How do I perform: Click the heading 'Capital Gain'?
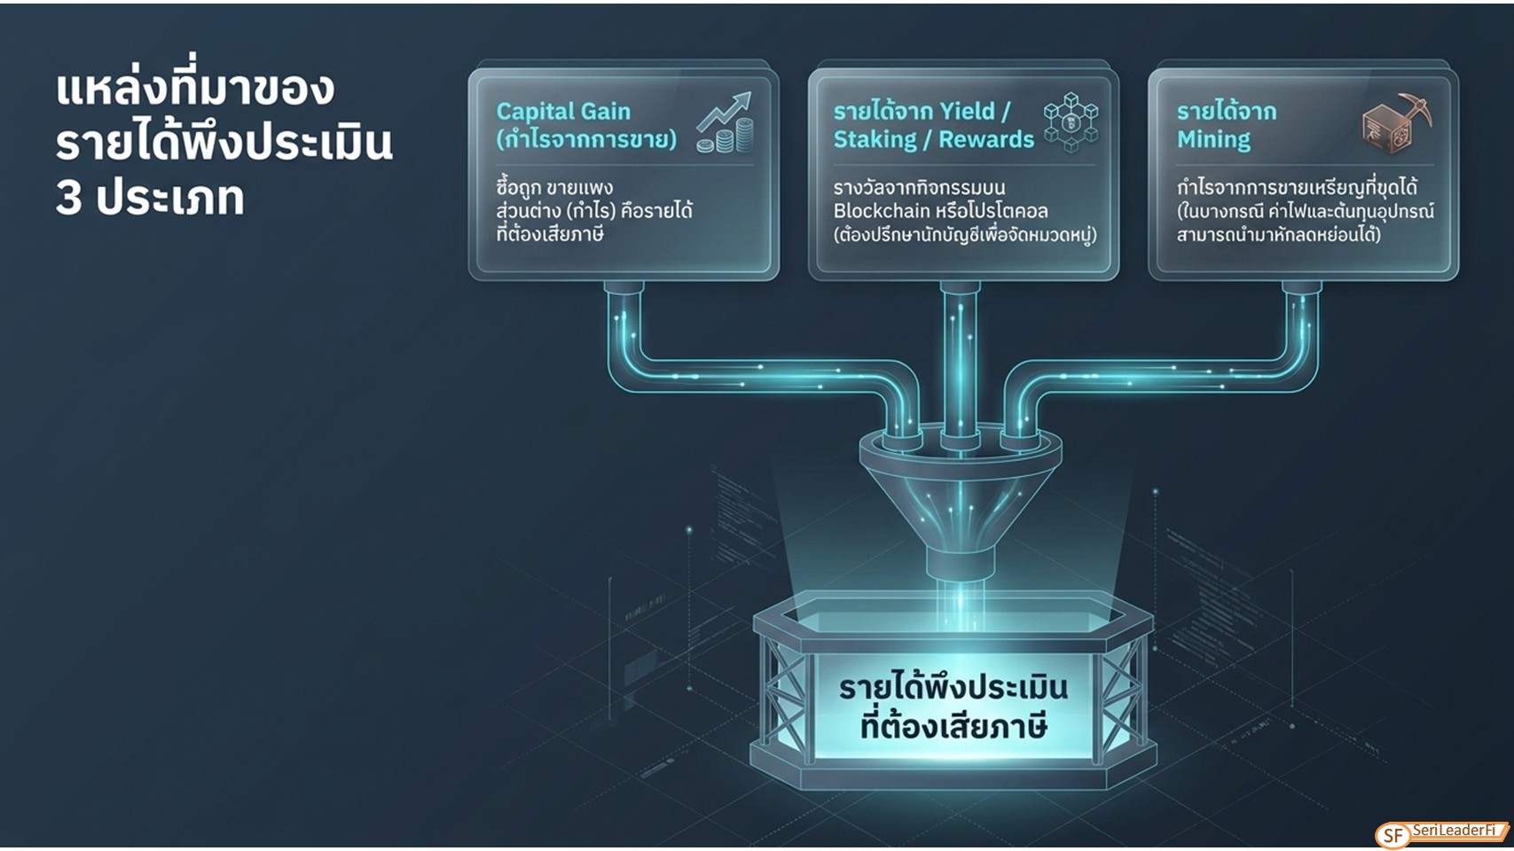click(x=563, y=112)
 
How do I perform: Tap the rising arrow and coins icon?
click(x=725, y=122)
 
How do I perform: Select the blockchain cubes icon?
click(x=1071, y=123)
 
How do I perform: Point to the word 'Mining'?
click(x=1213, y=140)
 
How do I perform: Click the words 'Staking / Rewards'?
click(x=933, y=140)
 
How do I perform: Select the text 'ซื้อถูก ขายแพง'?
click(x=554, y=187)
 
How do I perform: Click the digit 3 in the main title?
click(x=68, y=199)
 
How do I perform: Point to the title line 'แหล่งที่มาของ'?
click(x=194, y=90)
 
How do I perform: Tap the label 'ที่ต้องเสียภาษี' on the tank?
click(x=953, y=728)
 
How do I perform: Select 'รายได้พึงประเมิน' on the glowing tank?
click(x=953, y=688)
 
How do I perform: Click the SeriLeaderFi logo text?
click(x=1454, y=830)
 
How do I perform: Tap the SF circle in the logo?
click(x=1393, y=836)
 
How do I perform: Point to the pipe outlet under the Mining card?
click(x=1301, y=288)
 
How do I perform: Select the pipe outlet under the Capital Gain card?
click(x=624, y=288)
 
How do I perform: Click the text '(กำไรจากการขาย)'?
click(x=586, y=140)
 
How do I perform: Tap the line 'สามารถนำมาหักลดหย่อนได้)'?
click(x=1278, y=235)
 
